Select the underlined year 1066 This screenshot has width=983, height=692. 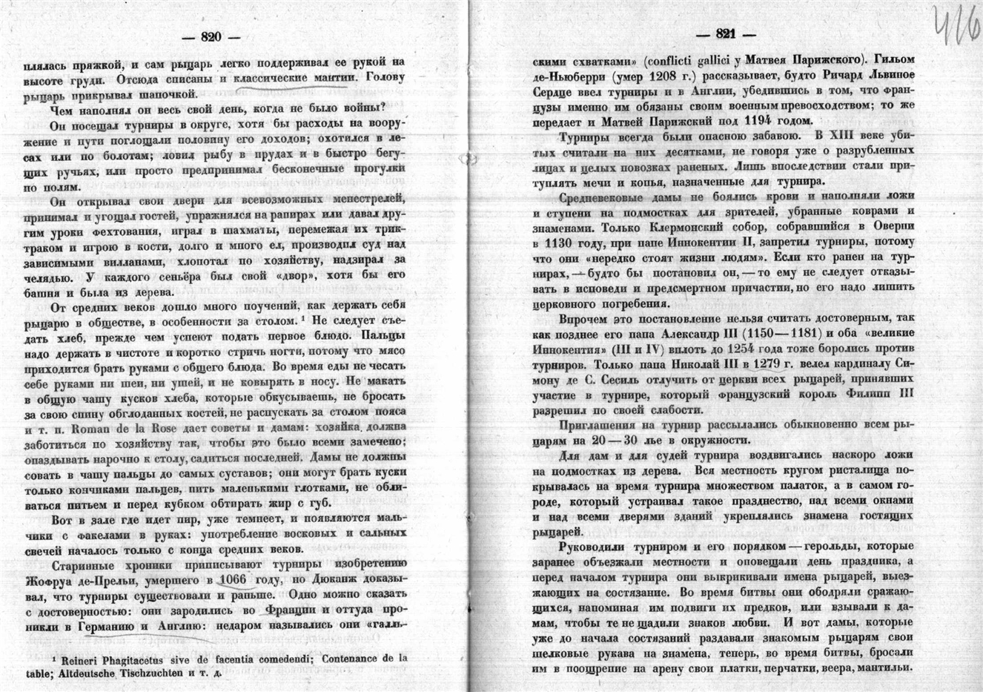pyautogui.click(x=234, y=579)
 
